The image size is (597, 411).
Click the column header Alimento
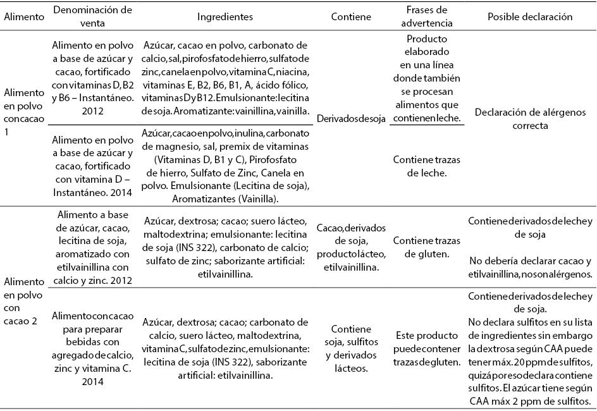coord(24,17)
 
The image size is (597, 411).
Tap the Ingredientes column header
coord(225,17)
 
